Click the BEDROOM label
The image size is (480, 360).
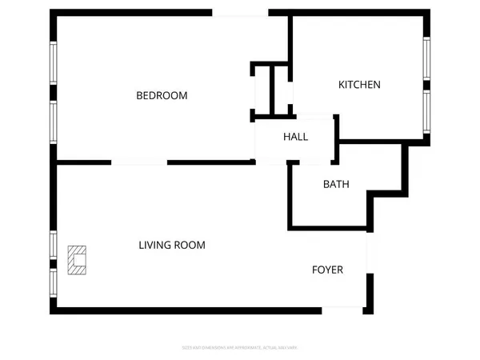click(162, 96)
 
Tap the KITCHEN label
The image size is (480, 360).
click(359, 85)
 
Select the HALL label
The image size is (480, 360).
click(295, 137)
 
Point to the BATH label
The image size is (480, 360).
click(336, 184)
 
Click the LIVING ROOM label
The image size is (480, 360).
click(172, 246)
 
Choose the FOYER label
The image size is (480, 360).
click(327, 270)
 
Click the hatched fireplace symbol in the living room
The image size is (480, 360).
click(76, 260)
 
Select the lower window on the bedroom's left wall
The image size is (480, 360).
click(54, 122)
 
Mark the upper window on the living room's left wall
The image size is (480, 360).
click(54, 244)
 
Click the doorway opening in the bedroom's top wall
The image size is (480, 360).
click(240, 13)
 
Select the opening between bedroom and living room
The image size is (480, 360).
click(139, 162)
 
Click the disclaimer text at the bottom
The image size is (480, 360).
click(240, 347)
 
